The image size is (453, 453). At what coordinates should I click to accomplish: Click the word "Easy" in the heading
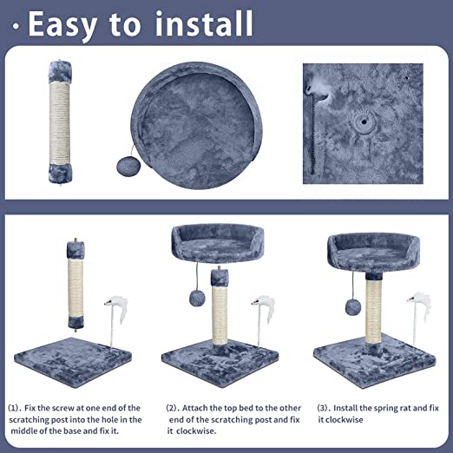[62, 24]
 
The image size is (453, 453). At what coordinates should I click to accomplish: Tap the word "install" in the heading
[204, 23]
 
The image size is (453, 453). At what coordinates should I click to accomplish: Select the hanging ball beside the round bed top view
[128, 167]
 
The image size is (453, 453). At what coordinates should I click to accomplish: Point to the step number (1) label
[14, 408]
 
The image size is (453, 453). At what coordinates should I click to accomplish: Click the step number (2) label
[172, 408]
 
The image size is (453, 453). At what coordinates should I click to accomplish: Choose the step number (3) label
[323, 408]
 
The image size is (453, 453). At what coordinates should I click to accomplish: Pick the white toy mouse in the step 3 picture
[419, 307]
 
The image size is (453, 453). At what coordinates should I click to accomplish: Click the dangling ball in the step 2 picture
[197, 299]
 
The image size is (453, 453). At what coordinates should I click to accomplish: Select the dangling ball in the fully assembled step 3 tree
[353, 307]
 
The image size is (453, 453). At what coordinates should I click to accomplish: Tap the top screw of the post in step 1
[75, 240]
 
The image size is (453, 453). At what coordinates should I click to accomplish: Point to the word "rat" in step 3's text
[404, 408]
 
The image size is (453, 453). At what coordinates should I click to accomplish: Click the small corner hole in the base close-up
[407, 77]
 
